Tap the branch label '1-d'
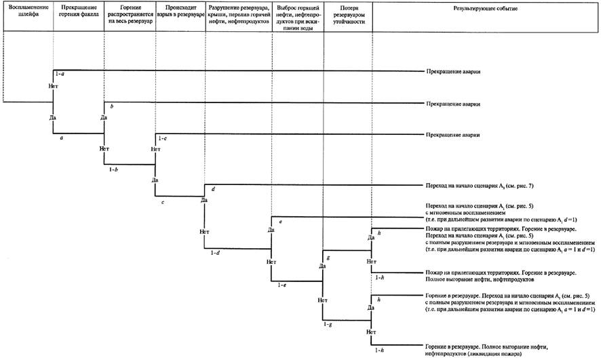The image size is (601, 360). [215, 252]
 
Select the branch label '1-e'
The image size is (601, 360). [281, 285]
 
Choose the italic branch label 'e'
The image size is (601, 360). [279, 222]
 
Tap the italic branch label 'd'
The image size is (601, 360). [212, 189]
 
